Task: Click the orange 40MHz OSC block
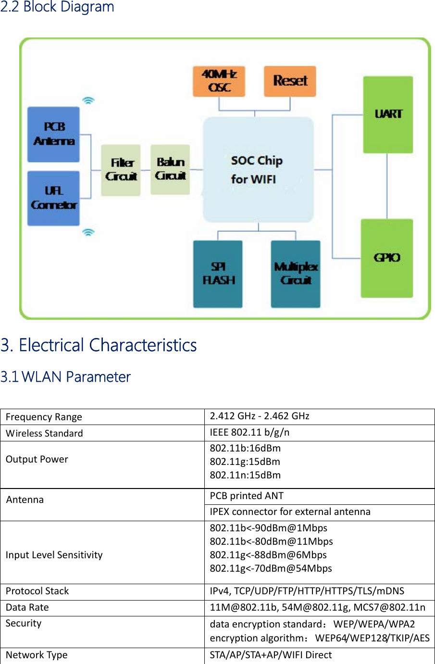(x=219, y=81)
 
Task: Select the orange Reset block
(x=290, y=81)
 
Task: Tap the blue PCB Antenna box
(x=53, y=134)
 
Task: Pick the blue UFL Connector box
(x=53, y=198)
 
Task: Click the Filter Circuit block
(x=121, y=170)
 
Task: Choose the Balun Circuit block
(x=170, y=169)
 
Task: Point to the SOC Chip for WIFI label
(x=256, y=170)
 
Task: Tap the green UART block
(x=388, y=114)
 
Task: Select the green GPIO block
(x=386, y=258)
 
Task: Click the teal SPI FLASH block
(x=218, y=274)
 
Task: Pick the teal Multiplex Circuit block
(x=296, y=274)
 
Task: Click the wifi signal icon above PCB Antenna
(x=88, y=100)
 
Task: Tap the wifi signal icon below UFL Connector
(x=88, y=233)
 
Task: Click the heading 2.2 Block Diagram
(x=57, y=7)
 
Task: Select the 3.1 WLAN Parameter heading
(x=65, y=377)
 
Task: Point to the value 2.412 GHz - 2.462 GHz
(x=260, y=416)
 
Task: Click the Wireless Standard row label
(x=44, y=433)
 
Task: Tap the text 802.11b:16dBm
(x=245, y=448)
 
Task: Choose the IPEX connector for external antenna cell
(x=290, y=512)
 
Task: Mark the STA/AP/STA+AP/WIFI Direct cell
(x=271, y=655)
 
